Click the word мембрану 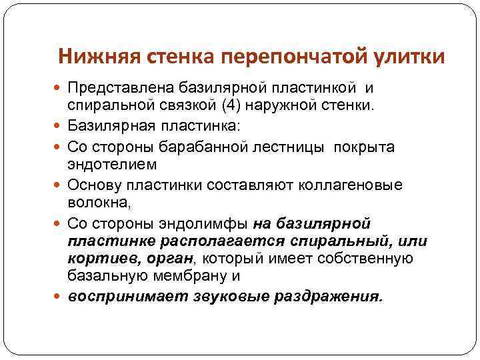pos(209,275)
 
